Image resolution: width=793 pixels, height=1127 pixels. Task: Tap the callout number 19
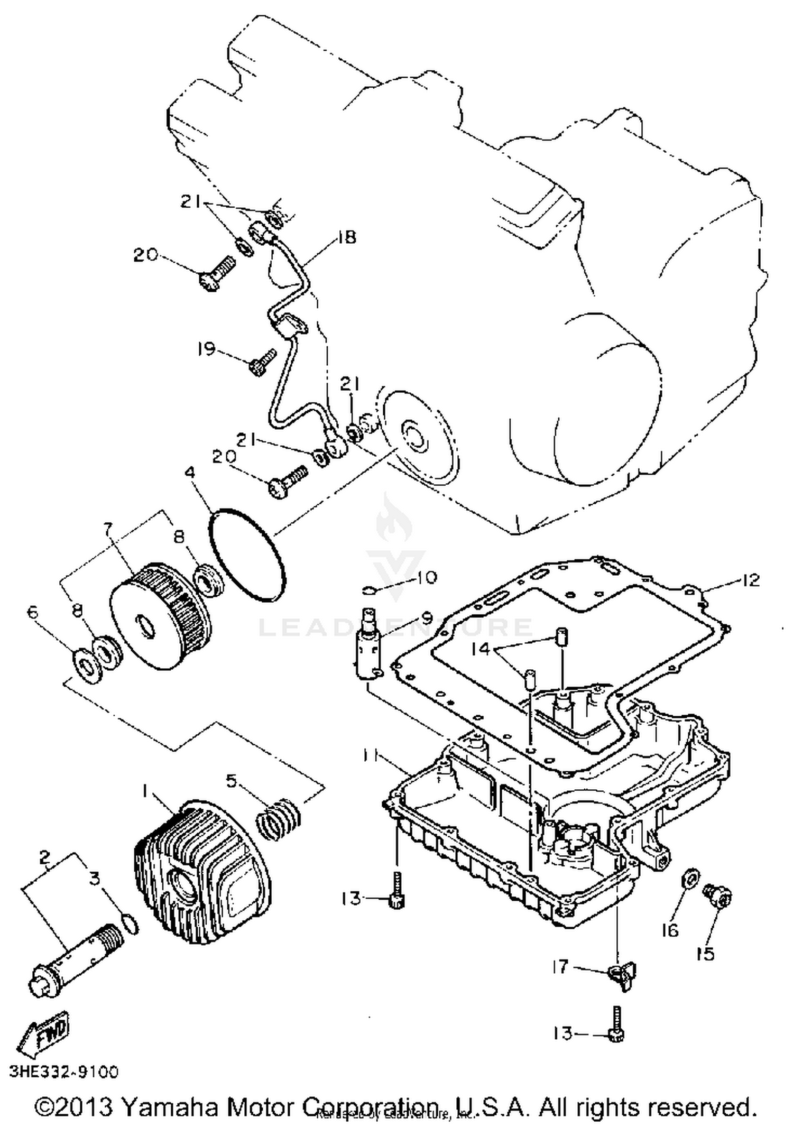click(207, 349)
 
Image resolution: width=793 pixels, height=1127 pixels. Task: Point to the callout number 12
click(751, 580)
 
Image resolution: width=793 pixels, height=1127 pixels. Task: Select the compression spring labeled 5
click(279, 819)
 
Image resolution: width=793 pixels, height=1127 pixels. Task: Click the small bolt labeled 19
click(262, 361)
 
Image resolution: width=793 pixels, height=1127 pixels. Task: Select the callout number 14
click(481, 649)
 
